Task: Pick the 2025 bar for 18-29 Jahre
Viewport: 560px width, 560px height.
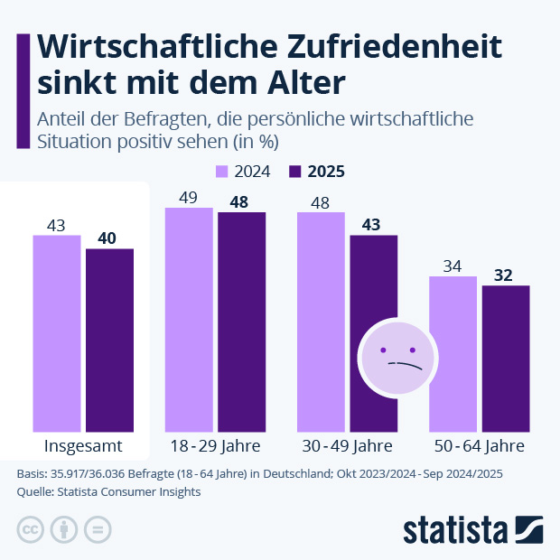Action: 241,322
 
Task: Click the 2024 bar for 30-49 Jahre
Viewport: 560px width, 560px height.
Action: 321,322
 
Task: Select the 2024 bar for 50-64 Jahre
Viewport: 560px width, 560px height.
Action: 453,353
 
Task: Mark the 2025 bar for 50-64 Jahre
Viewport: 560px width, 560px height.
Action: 505,358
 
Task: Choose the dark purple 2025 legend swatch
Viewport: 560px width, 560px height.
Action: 294,172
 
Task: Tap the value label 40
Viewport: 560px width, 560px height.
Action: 109,238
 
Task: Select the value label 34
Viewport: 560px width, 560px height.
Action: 453,266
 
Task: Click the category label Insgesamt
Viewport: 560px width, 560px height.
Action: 83,446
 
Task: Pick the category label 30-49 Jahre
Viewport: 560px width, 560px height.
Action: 347,446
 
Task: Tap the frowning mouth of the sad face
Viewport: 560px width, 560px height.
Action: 406,365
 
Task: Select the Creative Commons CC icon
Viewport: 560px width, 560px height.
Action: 31,529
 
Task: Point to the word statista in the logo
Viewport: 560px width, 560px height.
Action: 456,529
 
